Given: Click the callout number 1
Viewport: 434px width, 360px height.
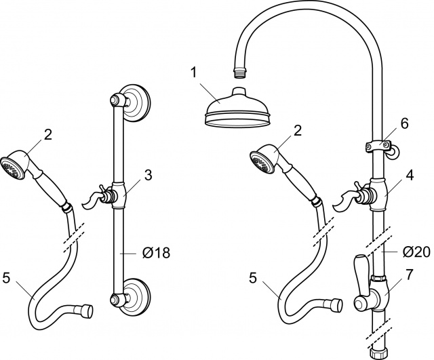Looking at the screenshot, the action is tap(194, 73).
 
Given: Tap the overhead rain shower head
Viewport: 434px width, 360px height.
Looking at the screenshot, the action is tap(237, 108).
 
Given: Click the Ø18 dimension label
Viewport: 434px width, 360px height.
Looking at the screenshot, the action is tap(157, 253).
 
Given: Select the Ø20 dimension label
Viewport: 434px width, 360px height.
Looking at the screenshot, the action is tap(416, 252).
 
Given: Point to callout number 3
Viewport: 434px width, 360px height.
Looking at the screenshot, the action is tap(149, 175).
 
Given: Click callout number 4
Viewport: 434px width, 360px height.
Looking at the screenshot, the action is tap(409, 175).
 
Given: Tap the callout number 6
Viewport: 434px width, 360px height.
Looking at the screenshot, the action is tap(405, 123).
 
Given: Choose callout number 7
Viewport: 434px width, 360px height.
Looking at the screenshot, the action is tap(409, 274).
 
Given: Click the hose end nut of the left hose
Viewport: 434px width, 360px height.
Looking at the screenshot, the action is tap(87, 311).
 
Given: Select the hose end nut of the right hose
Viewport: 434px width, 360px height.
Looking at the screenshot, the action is tap(337, 306).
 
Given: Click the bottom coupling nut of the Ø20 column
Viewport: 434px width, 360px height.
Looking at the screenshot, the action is tap(377, 353).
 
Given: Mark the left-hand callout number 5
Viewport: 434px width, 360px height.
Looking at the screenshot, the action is tap(6, 277).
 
